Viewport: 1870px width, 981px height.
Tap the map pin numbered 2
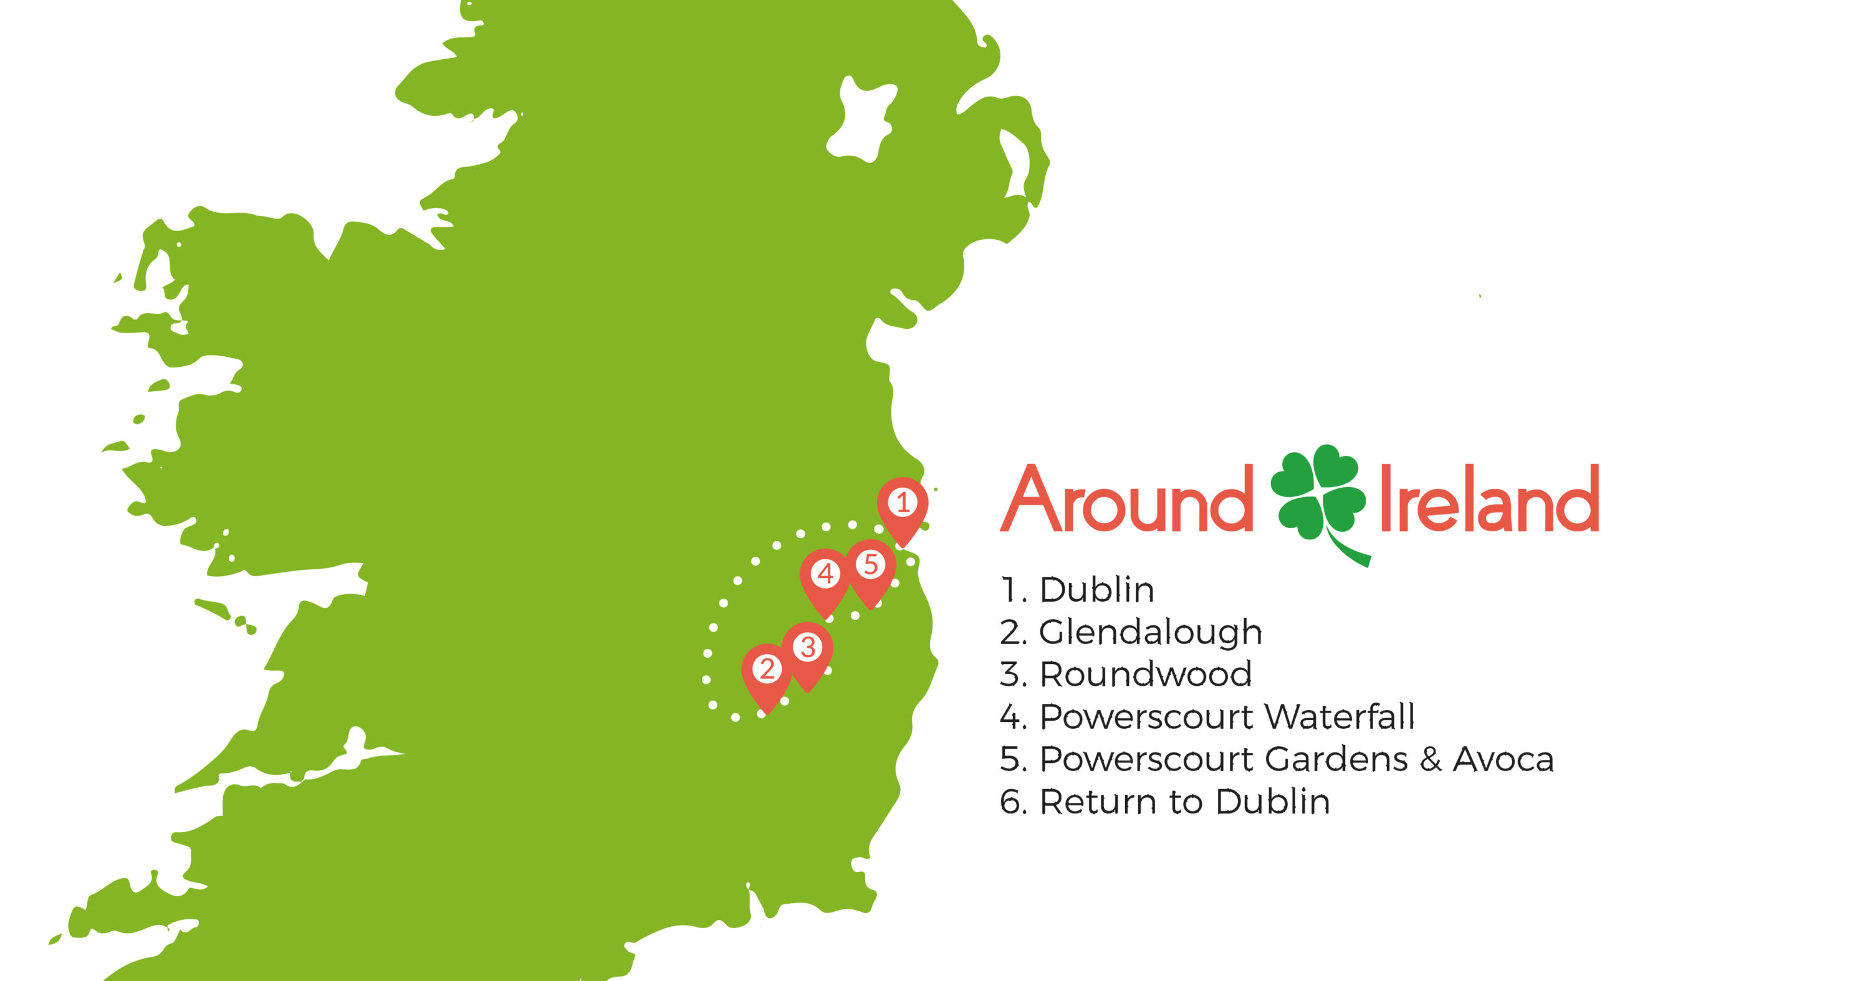pos(767,670)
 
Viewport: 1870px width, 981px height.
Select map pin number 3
pos(807,648)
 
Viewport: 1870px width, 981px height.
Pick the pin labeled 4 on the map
pos(825,575)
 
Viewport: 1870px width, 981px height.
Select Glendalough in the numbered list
pos(1151,633)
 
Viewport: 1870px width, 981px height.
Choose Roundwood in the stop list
pos(1146,675)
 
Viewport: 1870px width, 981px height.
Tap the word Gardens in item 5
pos(1336,760)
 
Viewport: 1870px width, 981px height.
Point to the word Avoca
pos(1503,760)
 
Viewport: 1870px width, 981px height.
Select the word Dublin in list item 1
pos(1097,590)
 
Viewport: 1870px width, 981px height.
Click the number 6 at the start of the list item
pos(1010,802)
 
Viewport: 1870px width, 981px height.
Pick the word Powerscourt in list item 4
pos(1148,717)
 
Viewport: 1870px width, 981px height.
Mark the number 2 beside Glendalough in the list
pos(1010,633)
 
